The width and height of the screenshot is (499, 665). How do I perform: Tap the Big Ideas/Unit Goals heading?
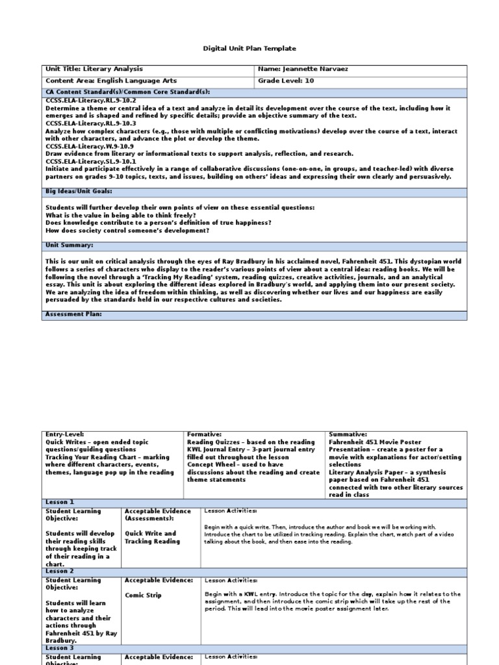pyautogui.click(x=79, y=192)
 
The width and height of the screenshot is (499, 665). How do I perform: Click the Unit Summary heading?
pyautogui.click(x=70, y=245)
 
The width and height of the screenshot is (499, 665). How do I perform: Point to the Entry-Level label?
pyautogui.click(x=64, y=434)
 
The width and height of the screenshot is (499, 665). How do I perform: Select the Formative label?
pyautogui.click(x=204, y=434)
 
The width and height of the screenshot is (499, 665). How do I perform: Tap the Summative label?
pyautogui.click(x=348, y=434)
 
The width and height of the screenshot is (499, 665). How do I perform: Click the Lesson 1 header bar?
pyautogui.click(x=60, y=502)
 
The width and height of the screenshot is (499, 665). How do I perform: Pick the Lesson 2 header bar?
pyautogui.click(x=60, y=571)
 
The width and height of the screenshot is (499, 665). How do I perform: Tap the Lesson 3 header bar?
pyautogui.click(x=60, y=648)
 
